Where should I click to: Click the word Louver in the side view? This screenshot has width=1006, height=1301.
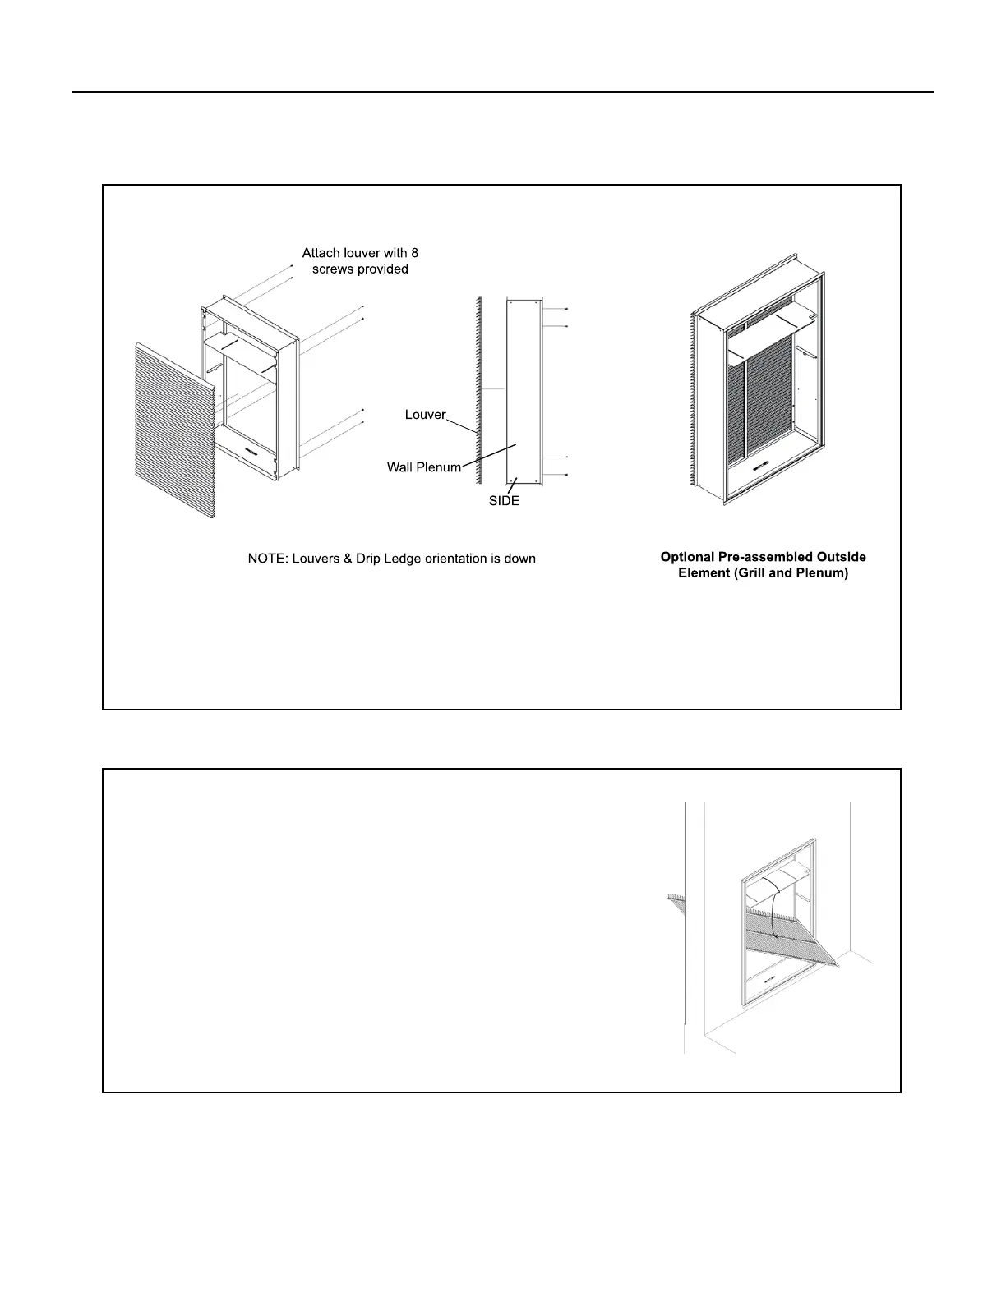tap(425, 415)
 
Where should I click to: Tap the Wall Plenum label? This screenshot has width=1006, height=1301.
tap(424, 467)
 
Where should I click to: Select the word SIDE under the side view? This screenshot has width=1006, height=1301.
tap(504, 501)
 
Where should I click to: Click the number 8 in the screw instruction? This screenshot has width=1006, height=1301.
tap(414, 253)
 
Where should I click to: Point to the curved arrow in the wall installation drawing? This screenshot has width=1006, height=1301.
tap(774, 908)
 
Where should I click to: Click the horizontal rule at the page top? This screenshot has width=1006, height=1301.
tap(503, 92)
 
